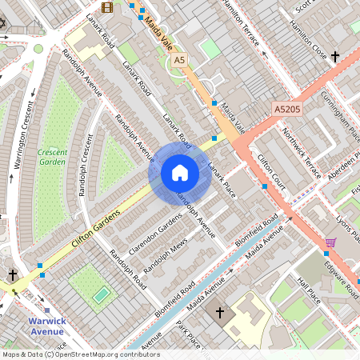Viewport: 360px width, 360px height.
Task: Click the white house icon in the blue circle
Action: [x=180, y=172]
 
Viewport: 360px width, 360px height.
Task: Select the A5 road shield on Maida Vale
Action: [x=179, y=60]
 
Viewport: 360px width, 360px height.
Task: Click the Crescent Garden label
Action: [x=52, y=157]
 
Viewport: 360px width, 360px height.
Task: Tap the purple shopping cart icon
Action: [x=330, y=242]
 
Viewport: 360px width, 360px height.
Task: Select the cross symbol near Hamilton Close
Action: [x=334, y=57]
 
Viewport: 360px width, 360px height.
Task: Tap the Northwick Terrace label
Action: [x=302, y=157]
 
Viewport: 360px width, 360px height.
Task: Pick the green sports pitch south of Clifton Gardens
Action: [x=100, y=295]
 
